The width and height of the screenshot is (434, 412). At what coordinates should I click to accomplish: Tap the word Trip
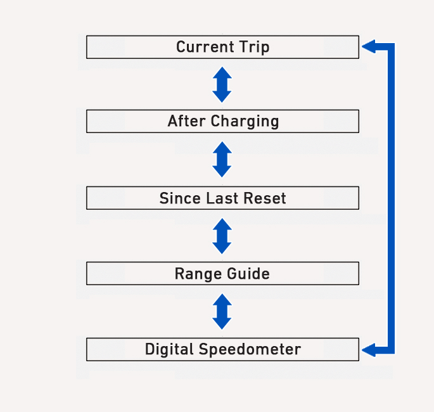pyautogui.click(x=254, y=47)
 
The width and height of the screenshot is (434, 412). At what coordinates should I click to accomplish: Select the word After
pyautogui.click(x=186, y=121)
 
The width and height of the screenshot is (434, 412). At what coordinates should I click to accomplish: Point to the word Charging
pyautogui.click(x=245, y=122)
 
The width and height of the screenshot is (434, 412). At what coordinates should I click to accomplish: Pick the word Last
pyautogui.click(x=222, y=198)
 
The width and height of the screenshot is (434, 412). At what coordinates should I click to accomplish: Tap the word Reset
pyautogui.click(x=265, y=198)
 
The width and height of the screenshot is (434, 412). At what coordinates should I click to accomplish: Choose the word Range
pyautogui.click(x=198, y=274)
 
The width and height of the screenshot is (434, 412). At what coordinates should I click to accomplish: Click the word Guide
pyautogui.click(x=248, y=273)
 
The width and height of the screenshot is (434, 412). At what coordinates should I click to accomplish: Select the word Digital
pyautogui.click(x=169, y=349)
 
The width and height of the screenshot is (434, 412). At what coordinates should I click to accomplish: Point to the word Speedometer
pyautogui.click(x=250, y=349)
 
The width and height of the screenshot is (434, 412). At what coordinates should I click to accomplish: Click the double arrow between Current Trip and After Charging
pyautogui.click(x=222, y=84)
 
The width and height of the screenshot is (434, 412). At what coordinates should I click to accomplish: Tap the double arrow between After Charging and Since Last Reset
pyautogui.click(x=222, y=159)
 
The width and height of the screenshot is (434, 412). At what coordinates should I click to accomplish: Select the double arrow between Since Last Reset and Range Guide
pyautogui.click(x=222, y=236)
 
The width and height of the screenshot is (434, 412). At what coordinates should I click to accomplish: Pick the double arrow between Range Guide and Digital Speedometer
pyautogui.click(x=222, y=311)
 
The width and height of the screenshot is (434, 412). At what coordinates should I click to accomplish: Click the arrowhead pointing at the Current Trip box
pyautogui.click(x=369, y=46)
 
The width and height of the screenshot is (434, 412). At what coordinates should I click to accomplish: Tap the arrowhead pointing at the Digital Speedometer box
pyautogui.click(x=369, y=350)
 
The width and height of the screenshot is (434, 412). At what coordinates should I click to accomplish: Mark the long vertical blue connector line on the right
pyautogui.click(x=391, y=198)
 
